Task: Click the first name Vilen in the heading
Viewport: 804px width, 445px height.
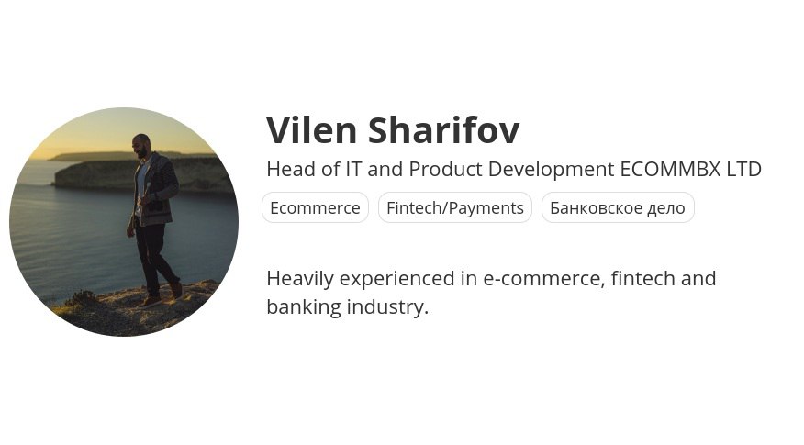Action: point(312,130)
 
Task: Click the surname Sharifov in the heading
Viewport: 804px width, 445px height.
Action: point(444,130)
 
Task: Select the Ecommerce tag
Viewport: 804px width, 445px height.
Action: point(315,207)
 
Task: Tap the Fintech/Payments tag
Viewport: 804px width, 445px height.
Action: point(455,207)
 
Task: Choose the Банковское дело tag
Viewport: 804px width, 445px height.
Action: point(618,207)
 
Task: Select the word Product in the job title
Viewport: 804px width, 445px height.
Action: point(445,169)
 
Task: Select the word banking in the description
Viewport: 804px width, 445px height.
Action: point(304,308)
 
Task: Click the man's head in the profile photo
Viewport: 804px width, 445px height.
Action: point(141,146)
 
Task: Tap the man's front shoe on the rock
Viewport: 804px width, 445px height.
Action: point(149,302)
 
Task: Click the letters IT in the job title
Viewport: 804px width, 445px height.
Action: point(353,169)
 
